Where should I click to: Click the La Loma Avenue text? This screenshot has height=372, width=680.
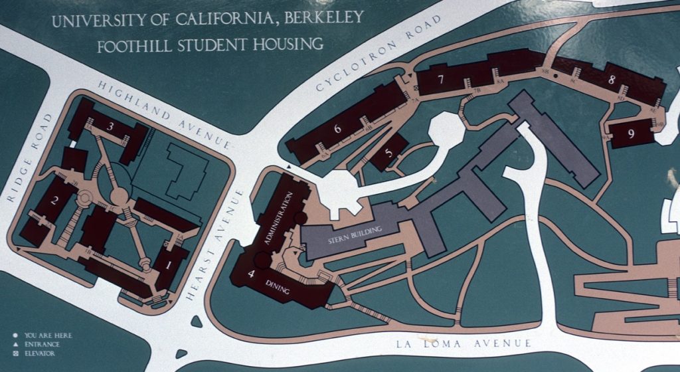click(x=464, y=343)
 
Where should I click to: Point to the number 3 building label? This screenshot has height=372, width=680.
click(x=111, y=126)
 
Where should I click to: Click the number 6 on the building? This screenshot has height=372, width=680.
click(x=337, y=128)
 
